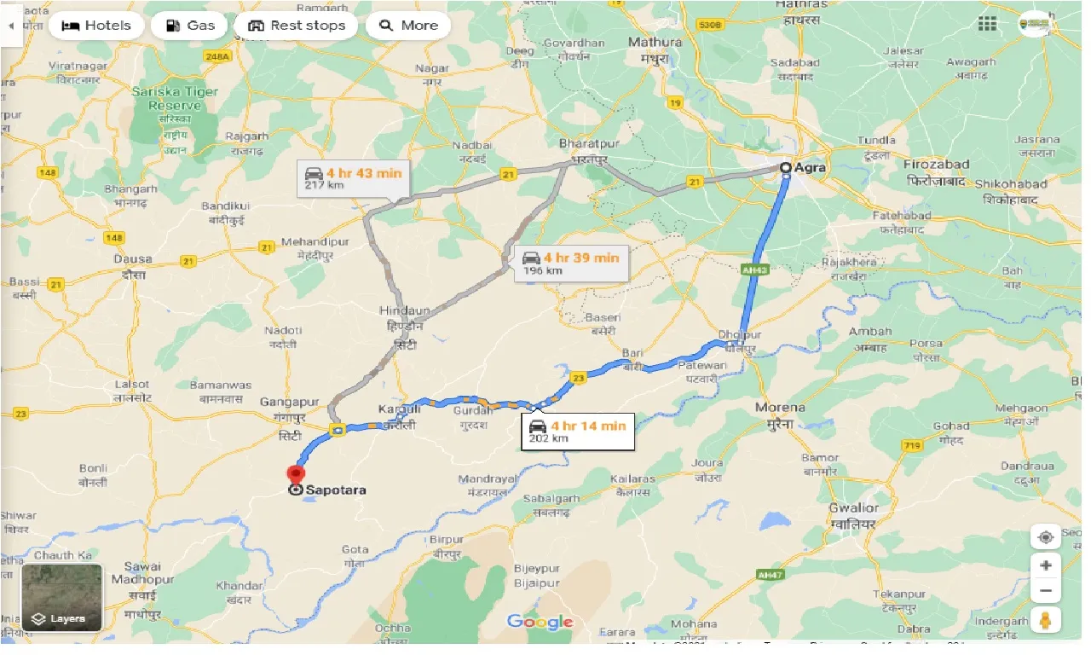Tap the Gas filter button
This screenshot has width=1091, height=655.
tap(189, 26)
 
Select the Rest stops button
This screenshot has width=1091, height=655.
tap(296, 26)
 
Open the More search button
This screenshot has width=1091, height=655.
tap(408, 26)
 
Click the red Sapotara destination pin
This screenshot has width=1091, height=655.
tap(296, 474)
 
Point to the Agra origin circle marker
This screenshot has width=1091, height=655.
tap(786, 168)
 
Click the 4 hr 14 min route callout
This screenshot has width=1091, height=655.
tap(579, 432)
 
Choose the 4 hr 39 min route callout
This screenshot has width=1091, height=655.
tap(573, 263)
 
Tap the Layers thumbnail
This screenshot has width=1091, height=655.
tap(61, 597)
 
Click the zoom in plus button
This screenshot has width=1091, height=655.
tap(1046, 565)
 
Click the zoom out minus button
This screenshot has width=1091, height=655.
tap(1046, 590)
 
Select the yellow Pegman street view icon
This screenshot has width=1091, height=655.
tap(1046, 620)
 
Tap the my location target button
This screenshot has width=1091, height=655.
tap(1046, 537)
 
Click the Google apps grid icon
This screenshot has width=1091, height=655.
tap(987, 24)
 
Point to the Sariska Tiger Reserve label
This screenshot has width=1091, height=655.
tap(175, 99)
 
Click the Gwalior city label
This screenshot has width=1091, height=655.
tap(853, 508)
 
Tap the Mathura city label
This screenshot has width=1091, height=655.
tap(655, 42)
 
